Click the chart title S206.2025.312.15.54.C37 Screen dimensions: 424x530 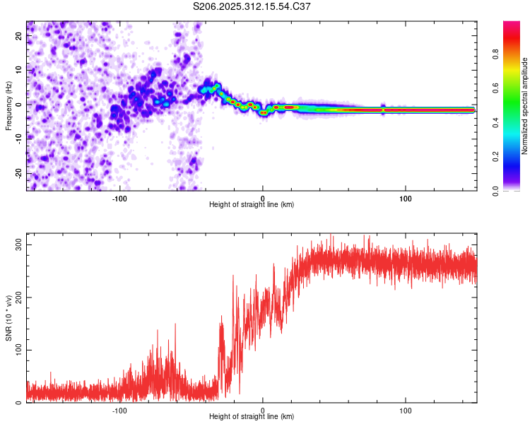coord(252,6)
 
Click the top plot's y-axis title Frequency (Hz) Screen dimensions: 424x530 coord(9,105)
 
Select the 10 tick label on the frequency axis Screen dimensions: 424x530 coord(20,70)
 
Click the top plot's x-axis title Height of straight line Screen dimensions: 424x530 coord(252,205)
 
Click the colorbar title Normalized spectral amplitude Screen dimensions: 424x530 coord(525,106)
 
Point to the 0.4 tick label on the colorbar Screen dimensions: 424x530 coord(516,123)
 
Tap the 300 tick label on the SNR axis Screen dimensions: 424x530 coord(20,245)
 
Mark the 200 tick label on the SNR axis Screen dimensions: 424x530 coord(20,298)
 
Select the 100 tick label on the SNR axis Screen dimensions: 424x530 coord(20,351)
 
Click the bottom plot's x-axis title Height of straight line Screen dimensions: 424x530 coord(252,417)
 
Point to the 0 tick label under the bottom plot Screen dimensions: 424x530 coord(263,410)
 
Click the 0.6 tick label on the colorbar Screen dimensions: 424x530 coord(516,89)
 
